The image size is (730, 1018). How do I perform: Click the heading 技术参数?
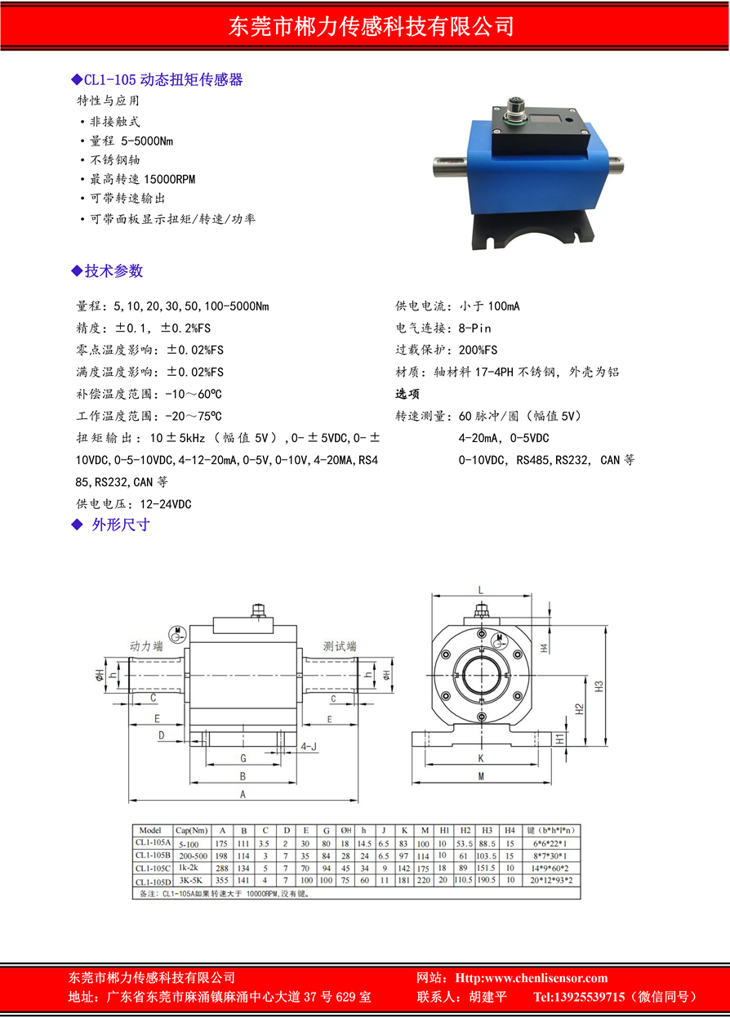[x=114, y=271]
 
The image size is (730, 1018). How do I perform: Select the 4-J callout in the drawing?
[x=309, y=747]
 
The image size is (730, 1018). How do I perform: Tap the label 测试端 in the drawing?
[x=340, y=645]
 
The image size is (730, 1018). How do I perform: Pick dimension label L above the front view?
[x=481, y=590]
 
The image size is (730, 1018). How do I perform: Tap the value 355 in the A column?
[x=221, y=881]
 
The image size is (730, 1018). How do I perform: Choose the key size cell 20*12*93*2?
[x=550, y=881]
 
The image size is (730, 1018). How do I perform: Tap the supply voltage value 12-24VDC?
[x=166, y=504]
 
